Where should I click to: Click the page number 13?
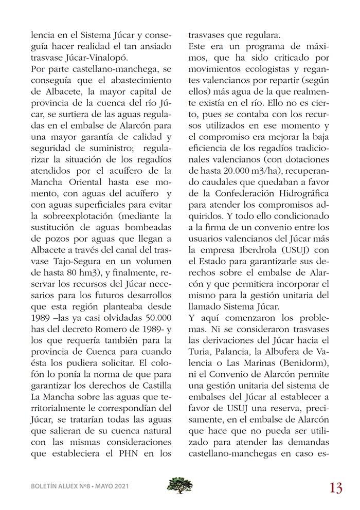[x=336, y=487]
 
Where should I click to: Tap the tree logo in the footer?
[x=179, y=485]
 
